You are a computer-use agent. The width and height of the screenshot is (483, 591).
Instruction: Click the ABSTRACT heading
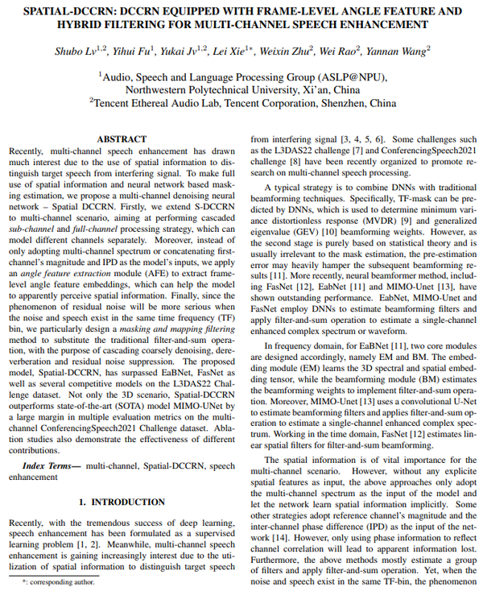tap(122, 139)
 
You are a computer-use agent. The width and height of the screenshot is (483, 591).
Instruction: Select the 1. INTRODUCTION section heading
tap(122, 502)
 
